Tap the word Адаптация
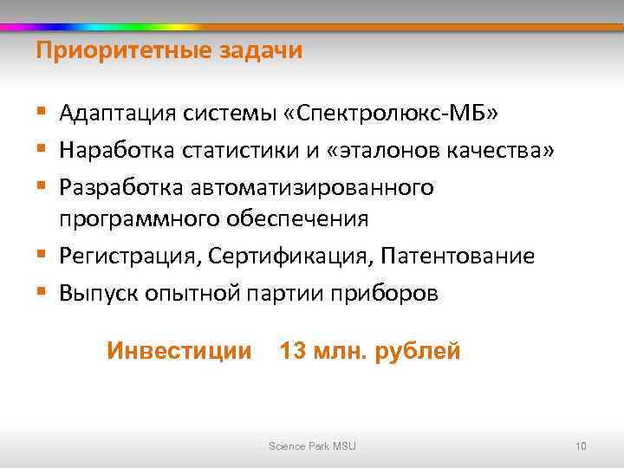pyautogui.click(x=115, y=114)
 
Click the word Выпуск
pyautogui.click(x=96, y=293)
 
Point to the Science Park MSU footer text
pyautogui.click(x=312, y=446)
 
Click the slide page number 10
pyautogui.click(x=581, y=446)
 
